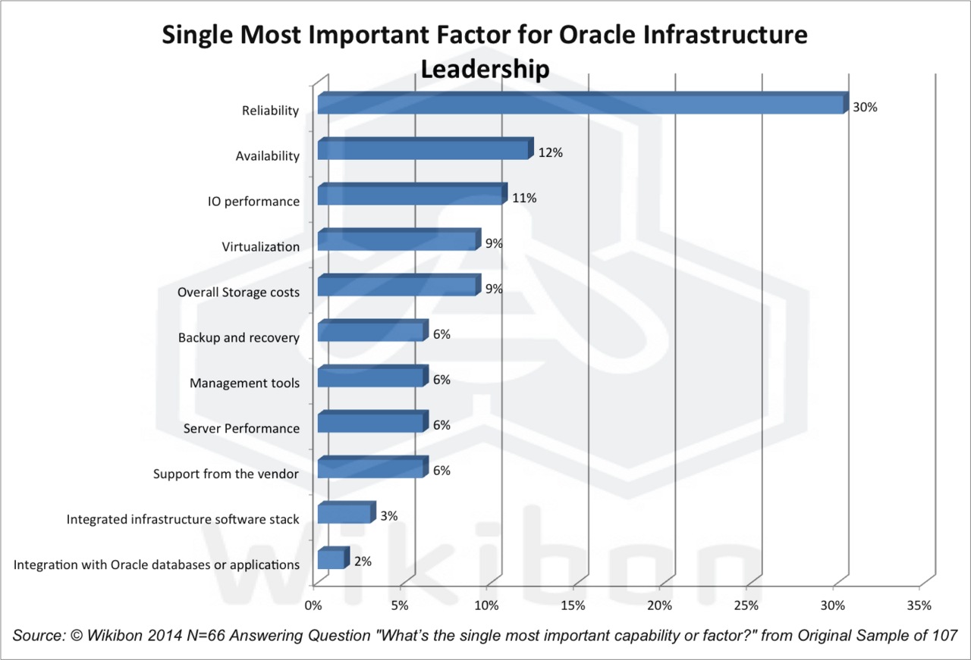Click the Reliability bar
tap(580, 105)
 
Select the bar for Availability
tap(423, 150)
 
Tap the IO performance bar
tap(410, 195)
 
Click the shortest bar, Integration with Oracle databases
tap(331, 560)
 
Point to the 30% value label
tap(865, 108)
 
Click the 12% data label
tap(550, 153)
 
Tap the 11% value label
tap(524, 199)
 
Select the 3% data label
tap(389, 516)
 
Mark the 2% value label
tap(363, 561)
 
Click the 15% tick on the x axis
tap(573, 605)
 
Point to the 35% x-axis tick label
tap(919, 605)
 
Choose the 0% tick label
tap(313, 605)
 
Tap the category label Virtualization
tap(260, 247)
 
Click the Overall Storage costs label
tap(238, 292)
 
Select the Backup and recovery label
tap(239, 338)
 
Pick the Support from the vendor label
tap(226, 474)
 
